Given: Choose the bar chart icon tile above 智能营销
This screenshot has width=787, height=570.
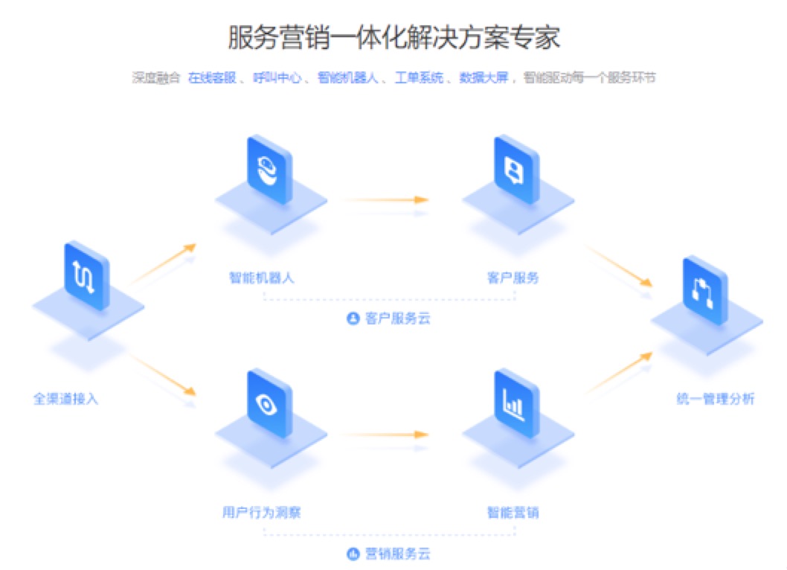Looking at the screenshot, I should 515,406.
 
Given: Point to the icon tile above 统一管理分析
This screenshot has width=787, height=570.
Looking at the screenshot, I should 705,291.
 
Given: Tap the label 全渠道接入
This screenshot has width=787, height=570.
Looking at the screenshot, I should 65,398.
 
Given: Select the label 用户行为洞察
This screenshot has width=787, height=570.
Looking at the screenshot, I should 261,513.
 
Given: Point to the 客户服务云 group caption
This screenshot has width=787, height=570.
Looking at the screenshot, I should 389,318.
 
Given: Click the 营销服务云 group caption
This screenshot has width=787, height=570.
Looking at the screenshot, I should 389,554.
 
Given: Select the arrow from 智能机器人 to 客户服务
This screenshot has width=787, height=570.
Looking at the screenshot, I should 387,199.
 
